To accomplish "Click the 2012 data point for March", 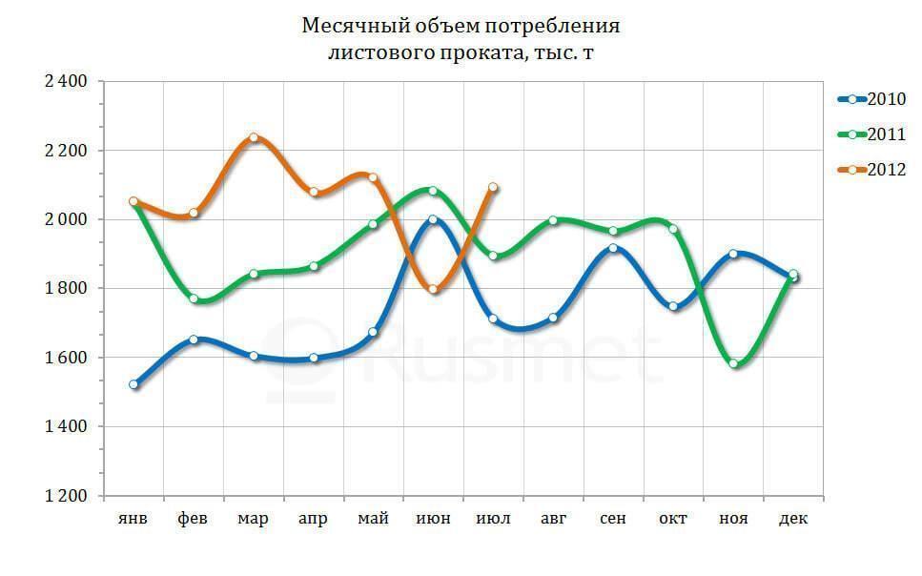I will coord(254,137).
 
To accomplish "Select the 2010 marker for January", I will coord(133,384).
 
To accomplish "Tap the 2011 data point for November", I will coord(733,363).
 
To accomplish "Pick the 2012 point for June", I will coord(434,290).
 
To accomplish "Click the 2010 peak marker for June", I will coord(434,219).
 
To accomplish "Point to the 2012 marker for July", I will coord(493,188).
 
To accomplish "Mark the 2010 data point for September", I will coord(613,248).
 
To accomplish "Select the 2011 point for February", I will coord(194,298).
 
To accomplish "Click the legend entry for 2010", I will coord(871,99).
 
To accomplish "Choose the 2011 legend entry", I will coord(871,134).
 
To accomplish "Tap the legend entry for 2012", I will coord(871,170).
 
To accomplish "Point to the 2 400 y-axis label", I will coord(66,82).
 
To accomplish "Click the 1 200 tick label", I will coord(66,496).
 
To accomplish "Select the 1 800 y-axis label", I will coord(66,289).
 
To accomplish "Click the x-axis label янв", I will coord(133,519).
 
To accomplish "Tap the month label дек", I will coord(793,519).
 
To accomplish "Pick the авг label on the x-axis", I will coord(553,519).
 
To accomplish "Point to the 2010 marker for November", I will coord(733,254).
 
